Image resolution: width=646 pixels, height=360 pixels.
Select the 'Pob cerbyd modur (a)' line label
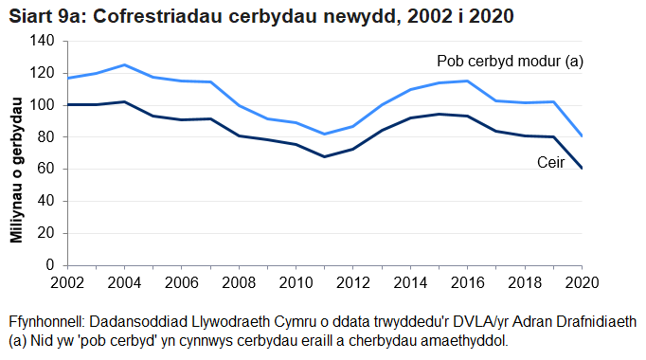point(510,62)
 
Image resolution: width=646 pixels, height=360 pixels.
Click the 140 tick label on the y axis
point(45,41)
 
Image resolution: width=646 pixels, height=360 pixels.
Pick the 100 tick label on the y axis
point(45,105)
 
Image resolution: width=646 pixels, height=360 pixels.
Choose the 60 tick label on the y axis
point(48,170)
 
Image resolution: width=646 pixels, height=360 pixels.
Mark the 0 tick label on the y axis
point(52,265)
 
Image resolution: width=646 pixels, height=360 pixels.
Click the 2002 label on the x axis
point(67,282)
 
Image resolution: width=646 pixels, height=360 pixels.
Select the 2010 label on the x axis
point(296,282)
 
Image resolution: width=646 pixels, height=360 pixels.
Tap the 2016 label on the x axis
point(468,282)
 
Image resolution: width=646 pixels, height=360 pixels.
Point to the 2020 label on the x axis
point(580,282)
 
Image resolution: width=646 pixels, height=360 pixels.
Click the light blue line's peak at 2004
point(124,64)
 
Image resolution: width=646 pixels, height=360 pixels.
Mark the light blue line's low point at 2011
point(325,134)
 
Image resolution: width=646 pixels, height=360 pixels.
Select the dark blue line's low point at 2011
point(325,156)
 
